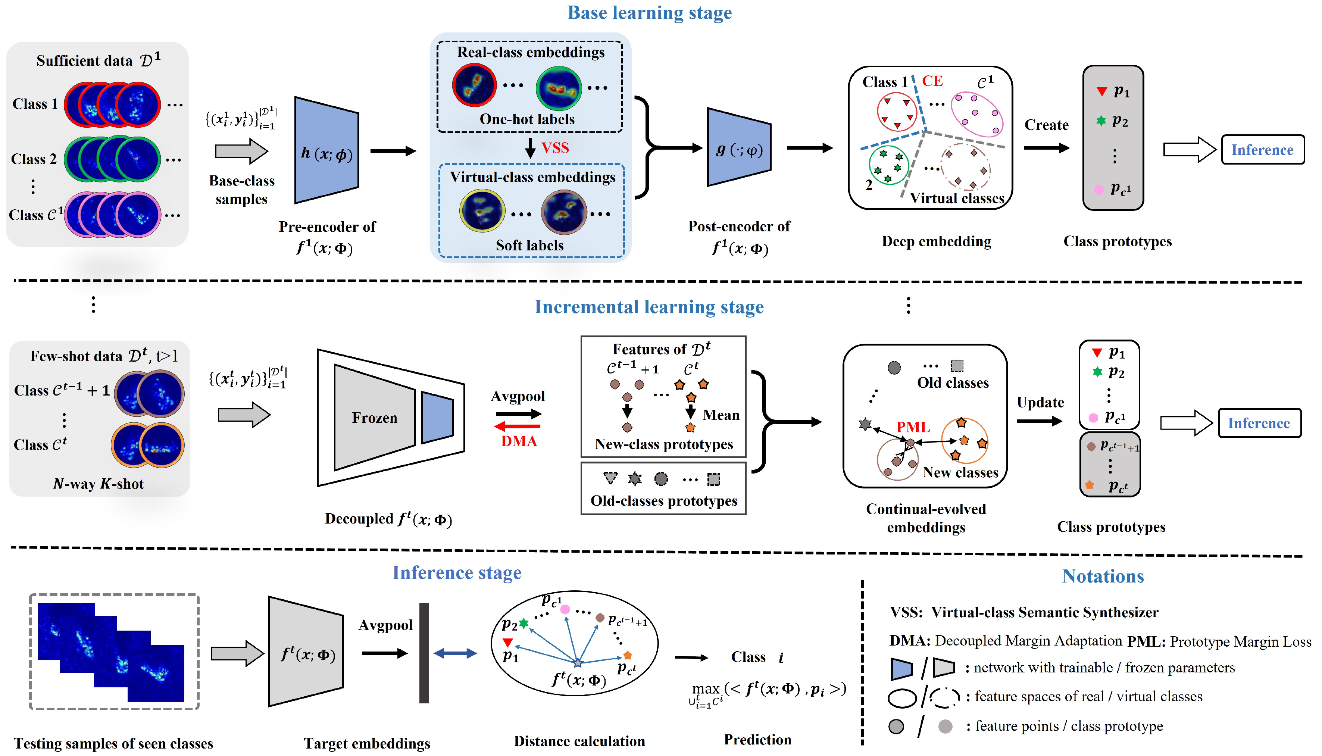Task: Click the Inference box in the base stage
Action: tap(1262, 150)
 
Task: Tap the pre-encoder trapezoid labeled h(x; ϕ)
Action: tap(326, 151)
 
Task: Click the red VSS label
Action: tap(555, 148)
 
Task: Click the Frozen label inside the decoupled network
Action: tap(374, 418)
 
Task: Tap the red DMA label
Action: tap(519, 441)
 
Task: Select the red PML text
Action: tap(913, 427)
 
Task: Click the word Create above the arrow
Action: tap(1046, 125)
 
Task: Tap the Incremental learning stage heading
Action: tap(649, 307)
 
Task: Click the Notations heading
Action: tap(1103, 577)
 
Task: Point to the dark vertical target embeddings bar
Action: tap(424, 653)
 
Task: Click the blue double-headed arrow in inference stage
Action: tap(455, 653)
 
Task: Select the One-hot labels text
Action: tap(527, 119)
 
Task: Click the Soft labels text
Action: tap(529, 245)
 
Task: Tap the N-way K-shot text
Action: tap(99, 484)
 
